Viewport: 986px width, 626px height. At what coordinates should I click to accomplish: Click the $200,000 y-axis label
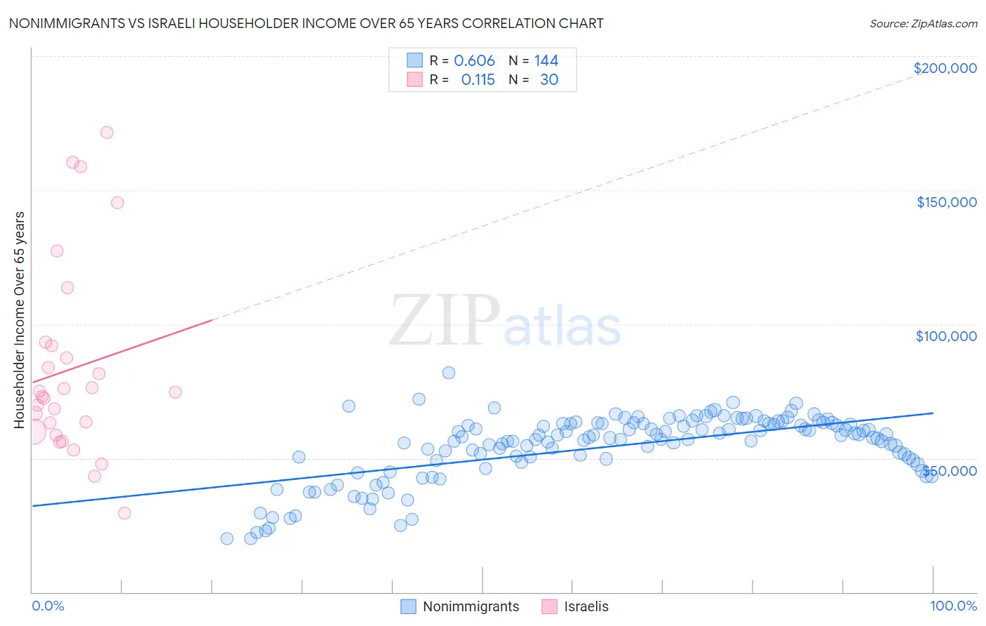click(x=945, y=68)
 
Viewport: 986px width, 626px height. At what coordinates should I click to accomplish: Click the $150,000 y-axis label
click(x=946, y=202)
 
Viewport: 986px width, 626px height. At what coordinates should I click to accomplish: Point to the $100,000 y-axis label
click(x=946, y=336)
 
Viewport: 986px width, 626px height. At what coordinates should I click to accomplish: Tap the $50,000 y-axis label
click(x=949, y=471)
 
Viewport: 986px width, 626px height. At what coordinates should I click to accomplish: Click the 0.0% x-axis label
click(x=48, y=606)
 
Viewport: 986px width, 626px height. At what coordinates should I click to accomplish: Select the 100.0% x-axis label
click(x=953, y=606)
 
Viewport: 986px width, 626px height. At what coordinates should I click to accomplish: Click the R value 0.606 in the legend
click(x=474, y=61)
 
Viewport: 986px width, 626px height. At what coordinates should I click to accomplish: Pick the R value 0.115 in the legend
click(x=478, y=80)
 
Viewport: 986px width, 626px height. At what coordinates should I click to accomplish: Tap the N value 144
click(x=546, y=61)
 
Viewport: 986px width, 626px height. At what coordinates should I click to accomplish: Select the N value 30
click(x=549, y=80)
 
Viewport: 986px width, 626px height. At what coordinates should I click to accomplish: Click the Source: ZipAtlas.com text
click(x=923, y=24)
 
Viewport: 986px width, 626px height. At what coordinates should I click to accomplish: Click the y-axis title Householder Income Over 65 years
click(x=19, y=319)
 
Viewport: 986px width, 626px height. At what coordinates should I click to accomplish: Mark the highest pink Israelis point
click(x=107, y=133)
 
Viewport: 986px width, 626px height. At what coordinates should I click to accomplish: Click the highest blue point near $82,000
click(x=449, y=373)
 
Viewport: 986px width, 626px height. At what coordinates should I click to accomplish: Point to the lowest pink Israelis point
click(x=124, y=513)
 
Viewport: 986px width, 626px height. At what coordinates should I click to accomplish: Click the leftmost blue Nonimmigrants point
click(x=227, y=538)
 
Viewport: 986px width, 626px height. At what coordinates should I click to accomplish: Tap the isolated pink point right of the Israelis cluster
click(x=175, y=392)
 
